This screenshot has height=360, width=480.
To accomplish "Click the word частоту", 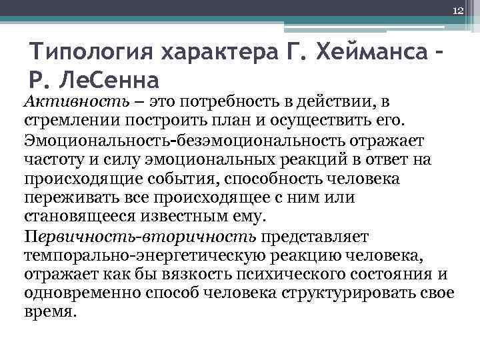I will (53, 159).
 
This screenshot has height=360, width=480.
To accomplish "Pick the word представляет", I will (312, 237).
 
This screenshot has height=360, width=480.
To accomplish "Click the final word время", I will (50, 311).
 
